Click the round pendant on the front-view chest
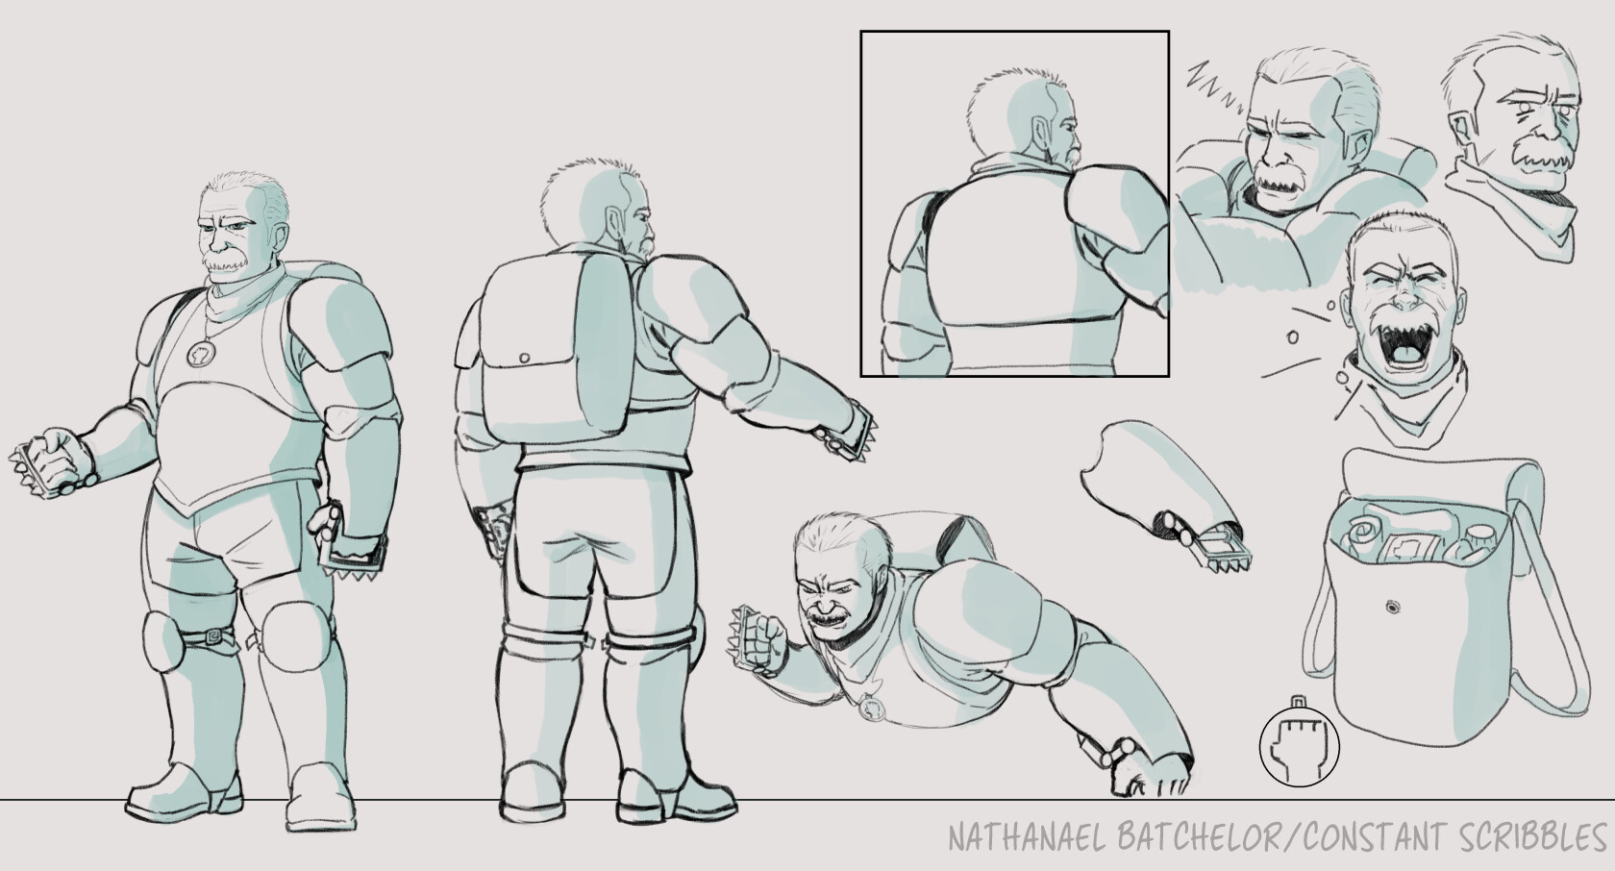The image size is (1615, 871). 201,354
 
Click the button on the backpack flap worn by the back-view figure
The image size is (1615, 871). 524,358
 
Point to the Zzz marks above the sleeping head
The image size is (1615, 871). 1208,82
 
